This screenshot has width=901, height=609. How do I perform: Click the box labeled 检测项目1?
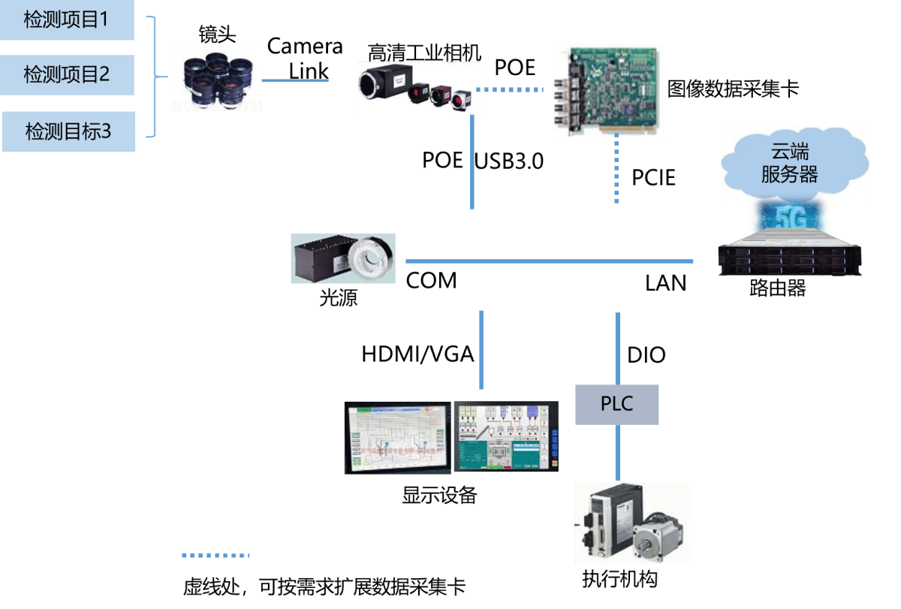pos(67,20)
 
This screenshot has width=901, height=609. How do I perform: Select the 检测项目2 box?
pos(67,75)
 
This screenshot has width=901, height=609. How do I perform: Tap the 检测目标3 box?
pos(68,131)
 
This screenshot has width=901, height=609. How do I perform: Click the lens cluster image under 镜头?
pos(216,77)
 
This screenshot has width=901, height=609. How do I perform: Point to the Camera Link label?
pos(305,58)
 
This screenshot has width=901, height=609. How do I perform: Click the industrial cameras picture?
pos(418,88)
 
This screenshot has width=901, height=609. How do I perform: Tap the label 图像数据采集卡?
pos(733,90)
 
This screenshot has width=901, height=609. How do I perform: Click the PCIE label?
pos(653,178)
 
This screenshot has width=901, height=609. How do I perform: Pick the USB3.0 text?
pos(509,161)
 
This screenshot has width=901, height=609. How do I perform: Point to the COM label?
pos(431,281)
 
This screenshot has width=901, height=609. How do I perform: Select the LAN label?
pos(665,282)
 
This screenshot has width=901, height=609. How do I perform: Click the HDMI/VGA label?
pos(417,354)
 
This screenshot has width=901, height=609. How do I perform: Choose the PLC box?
pos(616,404)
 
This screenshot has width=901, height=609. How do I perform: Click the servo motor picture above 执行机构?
pos(631,523)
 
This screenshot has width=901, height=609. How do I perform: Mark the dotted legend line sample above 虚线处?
pos(215,556)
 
